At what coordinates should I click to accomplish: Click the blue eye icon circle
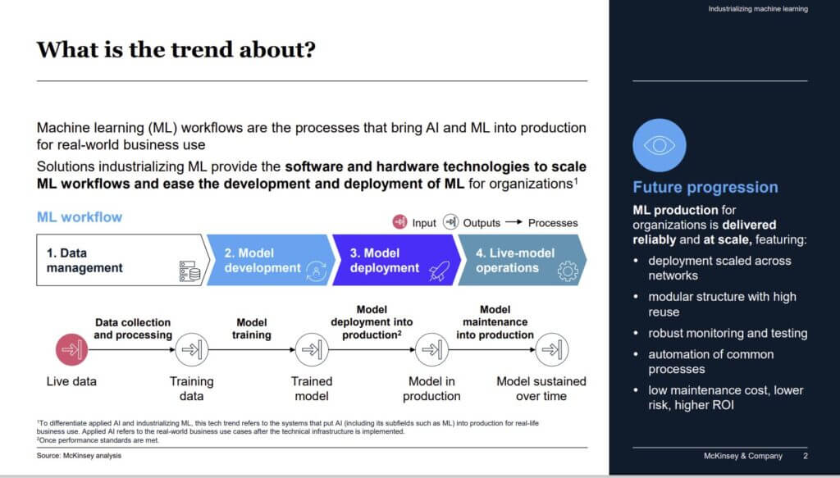[x=659, y=145]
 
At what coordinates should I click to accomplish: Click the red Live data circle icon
[x=71, y=350]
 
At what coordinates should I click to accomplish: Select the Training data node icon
[x=190, y=350]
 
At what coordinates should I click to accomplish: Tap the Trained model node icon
[x=311, y=350]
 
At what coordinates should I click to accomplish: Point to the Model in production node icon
[x=431, y=350]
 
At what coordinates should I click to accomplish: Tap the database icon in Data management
[x=189, y=271]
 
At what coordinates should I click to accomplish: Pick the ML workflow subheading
[x=80, y=217]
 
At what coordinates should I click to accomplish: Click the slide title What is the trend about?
[x=176, y=49]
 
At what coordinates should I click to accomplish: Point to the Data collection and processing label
[x=132, y=329]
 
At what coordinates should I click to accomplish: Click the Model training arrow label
[x=251, y=329]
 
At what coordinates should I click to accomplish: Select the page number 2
[x=806, y=456]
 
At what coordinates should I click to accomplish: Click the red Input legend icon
[x=399, y=222]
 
